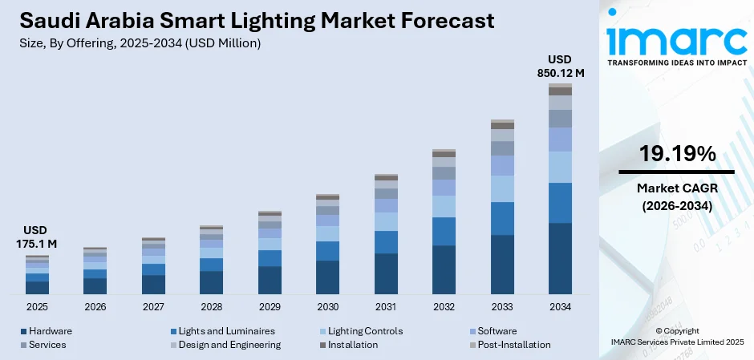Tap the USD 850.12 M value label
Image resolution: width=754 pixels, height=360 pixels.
pos(560,67)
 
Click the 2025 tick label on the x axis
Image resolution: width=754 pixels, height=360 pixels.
pos(37,307)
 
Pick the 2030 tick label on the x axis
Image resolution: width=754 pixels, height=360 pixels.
pos(327,307)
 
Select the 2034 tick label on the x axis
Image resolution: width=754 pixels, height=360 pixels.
pos(560,307)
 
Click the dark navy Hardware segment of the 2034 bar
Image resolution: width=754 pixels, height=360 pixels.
pos(560,258)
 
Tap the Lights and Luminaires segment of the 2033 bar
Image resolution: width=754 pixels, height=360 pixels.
pos(502,218)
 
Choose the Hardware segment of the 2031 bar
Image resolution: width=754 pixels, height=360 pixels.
pos(386,273)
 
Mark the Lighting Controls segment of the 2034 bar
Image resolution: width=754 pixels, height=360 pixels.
pos(560,167)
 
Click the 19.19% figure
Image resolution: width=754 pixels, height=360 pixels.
pos(677,155)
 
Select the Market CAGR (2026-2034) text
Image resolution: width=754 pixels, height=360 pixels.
pos(677,196)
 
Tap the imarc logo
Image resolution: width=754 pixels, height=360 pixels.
pos(675,38)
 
